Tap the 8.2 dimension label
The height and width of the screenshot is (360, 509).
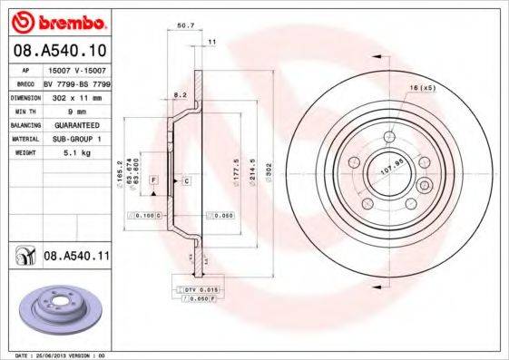[180, 94]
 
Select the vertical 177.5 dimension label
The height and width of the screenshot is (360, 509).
[236, 171]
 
